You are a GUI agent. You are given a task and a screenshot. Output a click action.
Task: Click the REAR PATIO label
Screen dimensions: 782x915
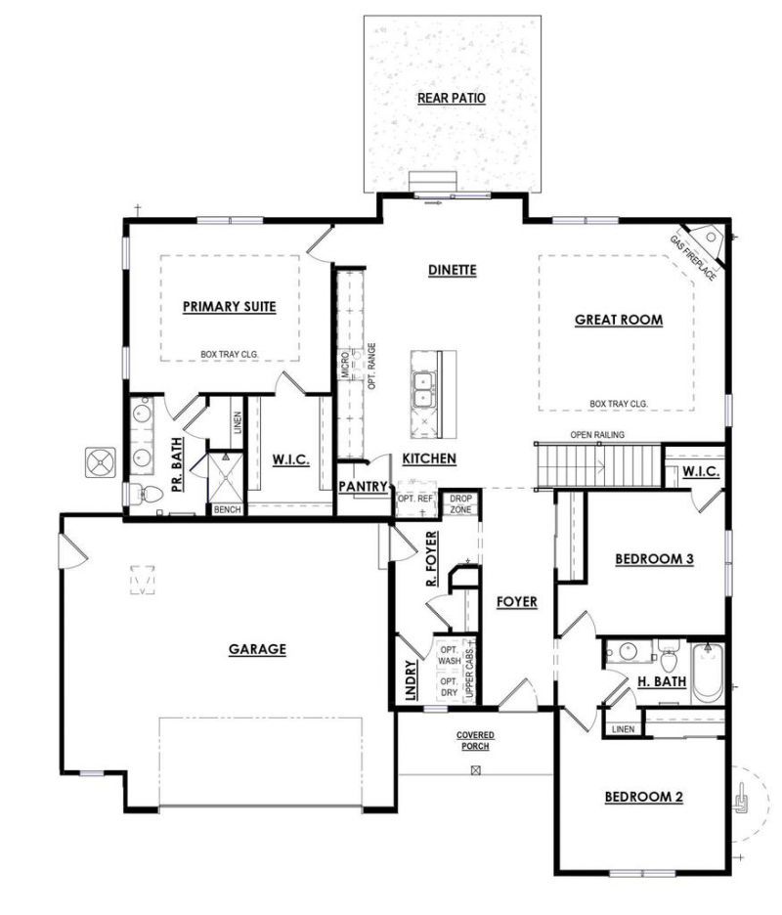(x=451, y=98)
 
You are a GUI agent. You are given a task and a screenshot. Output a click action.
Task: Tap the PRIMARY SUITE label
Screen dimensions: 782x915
(x=230, y=307)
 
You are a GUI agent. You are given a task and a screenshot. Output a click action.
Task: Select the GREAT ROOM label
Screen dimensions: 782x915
(x=619, y=320)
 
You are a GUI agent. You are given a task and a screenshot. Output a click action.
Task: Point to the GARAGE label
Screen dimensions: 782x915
(x=257, y=649)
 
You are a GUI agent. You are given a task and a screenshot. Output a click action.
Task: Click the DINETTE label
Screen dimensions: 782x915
(x=453, y=270)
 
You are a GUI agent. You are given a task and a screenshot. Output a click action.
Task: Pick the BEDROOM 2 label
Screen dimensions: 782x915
(x=644, y=797)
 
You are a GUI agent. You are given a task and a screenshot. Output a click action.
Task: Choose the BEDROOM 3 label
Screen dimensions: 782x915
(x=654, y=559)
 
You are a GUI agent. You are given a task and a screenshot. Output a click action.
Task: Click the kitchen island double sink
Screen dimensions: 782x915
(x=423, y=390)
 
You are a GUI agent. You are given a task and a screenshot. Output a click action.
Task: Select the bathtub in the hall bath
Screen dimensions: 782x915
(x=708, y=673)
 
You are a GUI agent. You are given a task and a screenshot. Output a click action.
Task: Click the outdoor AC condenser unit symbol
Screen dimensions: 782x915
(x=102, y=462)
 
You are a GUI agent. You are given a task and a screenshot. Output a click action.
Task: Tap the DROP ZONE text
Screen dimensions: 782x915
(x=461, y=503)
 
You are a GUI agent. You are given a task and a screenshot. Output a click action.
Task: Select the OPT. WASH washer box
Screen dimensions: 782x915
(x=450, y=655)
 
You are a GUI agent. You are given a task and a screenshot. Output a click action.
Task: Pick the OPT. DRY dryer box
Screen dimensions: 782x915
(x=450, y=687)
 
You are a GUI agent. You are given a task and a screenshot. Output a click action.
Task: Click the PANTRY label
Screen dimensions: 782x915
(x=363, y=486)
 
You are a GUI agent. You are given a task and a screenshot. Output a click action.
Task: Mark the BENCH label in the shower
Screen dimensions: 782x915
(x=227, y=509)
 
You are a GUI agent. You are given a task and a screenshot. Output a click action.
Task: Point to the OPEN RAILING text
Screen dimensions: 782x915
(x=597, y=435)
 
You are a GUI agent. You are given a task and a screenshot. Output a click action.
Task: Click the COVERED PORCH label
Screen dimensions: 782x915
(x=475, y=741)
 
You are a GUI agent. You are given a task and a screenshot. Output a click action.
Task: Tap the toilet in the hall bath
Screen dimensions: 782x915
(x=669, y=657)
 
